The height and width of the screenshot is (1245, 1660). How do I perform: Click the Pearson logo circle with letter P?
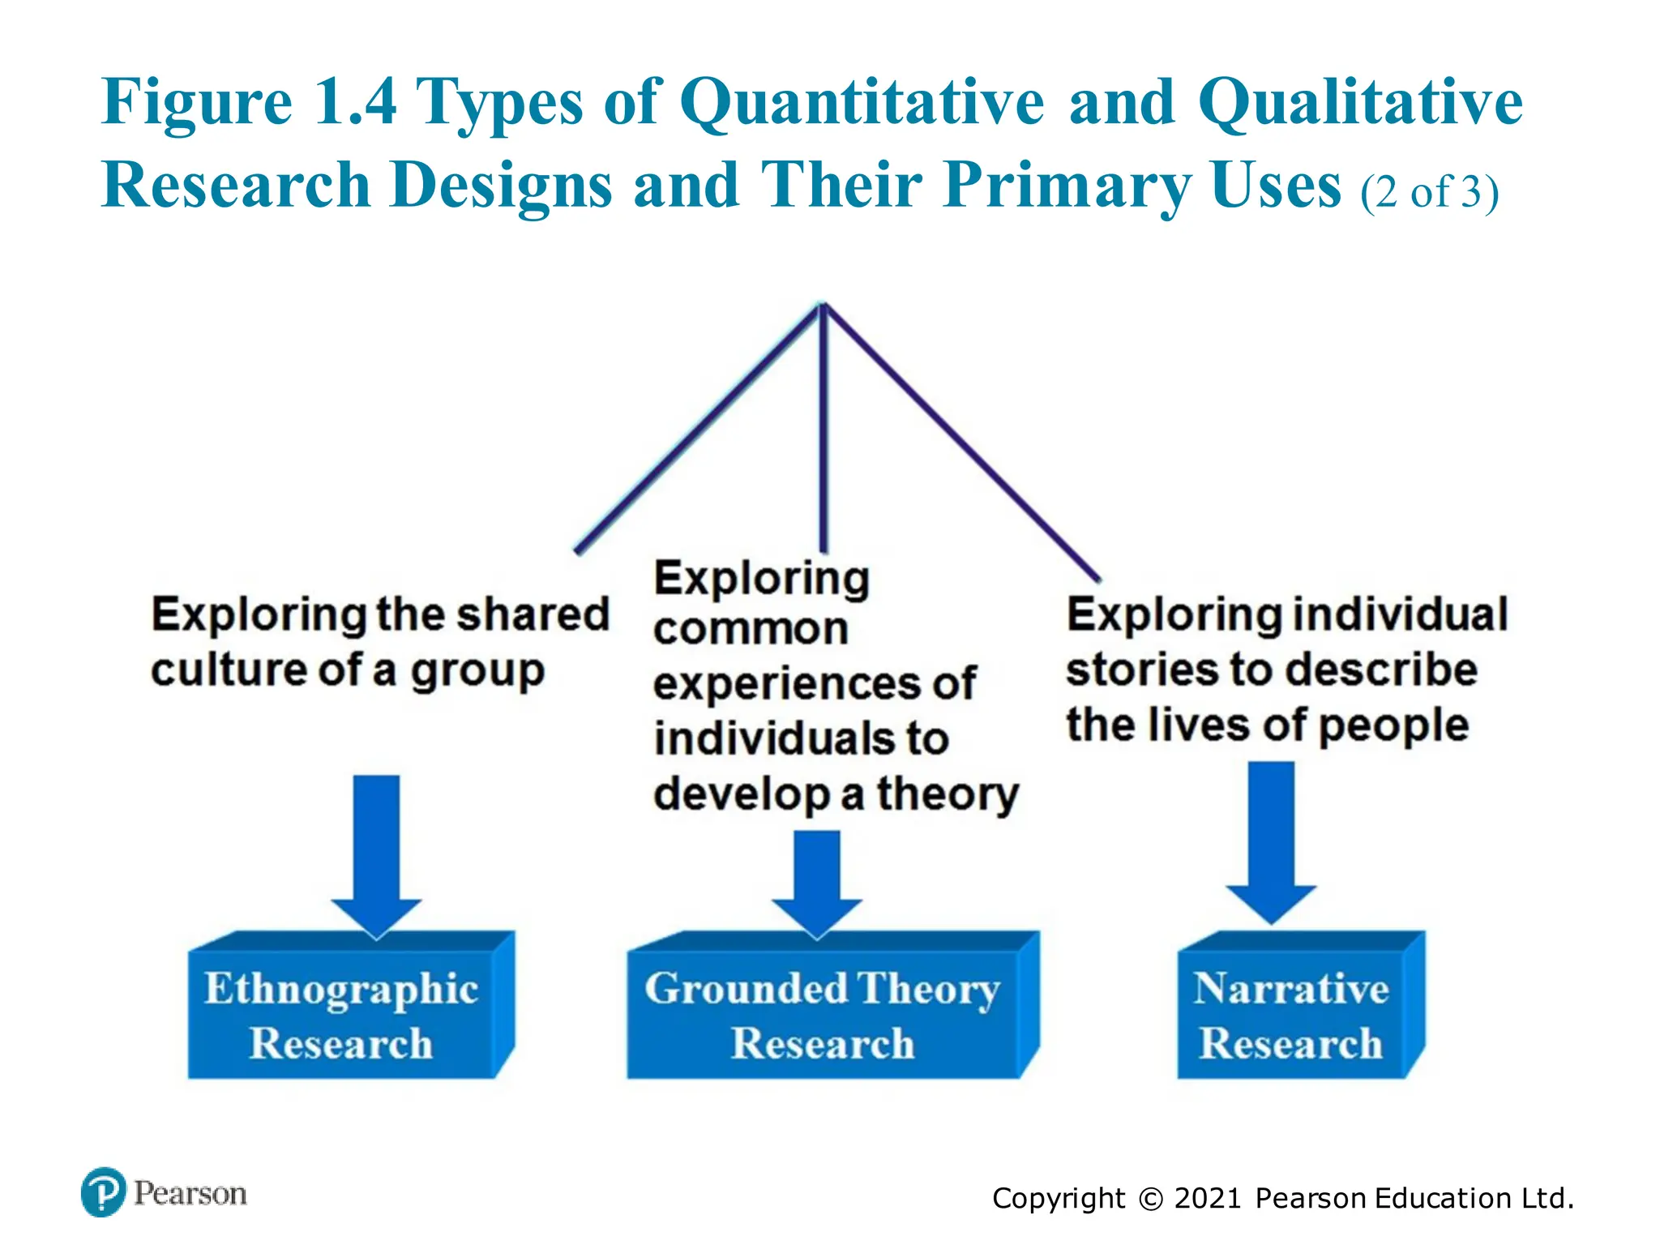[x=104, y=1192]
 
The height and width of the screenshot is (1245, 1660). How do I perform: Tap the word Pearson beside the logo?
[x=190, y=1193]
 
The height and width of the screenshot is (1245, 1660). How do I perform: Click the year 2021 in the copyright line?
[x=1207, y=1198]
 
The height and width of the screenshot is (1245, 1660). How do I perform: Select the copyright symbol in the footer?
[x=1150, y=1199]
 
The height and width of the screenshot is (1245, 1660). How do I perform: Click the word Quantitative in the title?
[x=862, y=103]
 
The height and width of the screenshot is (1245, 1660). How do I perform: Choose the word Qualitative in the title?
[x=1360, y=103]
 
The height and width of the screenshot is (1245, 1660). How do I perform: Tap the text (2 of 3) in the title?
[x=1429, y=192]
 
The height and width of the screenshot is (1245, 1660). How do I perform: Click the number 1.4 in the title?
[x=355, y=103]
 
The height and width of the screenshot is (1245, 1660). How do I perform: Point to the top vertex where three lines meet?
[x=823, y=305]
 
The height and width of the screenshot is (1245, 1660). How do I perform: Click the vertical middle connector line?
[x=823, y=430]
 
